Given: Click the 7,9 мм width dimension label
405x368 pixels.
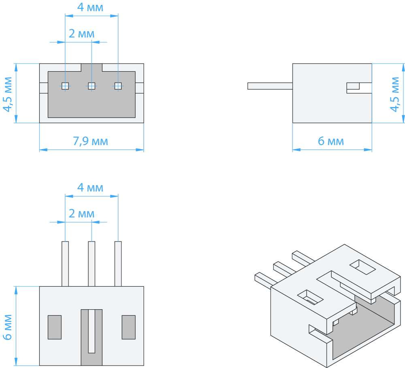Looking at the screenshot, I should click(x=90, y=141).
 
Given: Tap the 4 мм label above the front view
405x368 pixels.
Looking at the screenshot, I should click(x=90, y=7).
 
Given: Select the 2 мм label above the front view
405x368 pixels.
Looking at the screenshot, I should click(x=81, y=34).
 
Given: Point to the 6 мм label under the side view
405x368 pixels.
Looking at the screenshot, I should click(x=330, y=141).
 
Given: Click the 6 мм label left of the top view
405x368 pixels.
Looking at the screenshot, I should click(x=8, y=327).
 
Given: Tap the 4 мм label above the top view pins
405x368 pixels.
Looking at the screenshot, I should click(x=90, y=188).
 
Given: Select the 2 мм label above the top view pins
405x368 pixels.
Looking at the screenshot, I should click(x=81, y=214).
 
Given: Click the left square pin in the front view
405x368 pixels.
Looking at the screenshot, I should click(x=65, y=86).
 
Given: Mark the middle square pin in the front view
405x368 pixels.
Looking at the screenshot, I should click(x=92, y=86).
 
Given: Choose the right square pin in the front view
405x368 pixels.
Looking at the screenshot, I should click(x=118, y=86).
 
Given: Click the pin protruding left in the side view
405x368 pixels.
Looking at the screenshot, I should click(x=270, y=86).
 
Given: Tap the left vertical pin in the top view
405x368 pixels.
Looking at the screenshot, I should click(x=65, y=263).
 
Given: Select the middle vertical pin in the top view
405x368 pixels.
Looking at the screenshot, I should click(x=92, y=263).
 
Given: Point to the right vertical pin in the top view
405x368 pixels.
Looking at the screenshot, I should click(x=118, y=263).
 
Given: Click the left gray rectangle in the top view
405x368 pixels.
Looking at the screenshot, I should click(x=55, y=327).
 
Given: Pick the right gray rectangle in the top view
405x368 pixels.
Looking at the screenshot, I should click(x=128, y=327).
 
